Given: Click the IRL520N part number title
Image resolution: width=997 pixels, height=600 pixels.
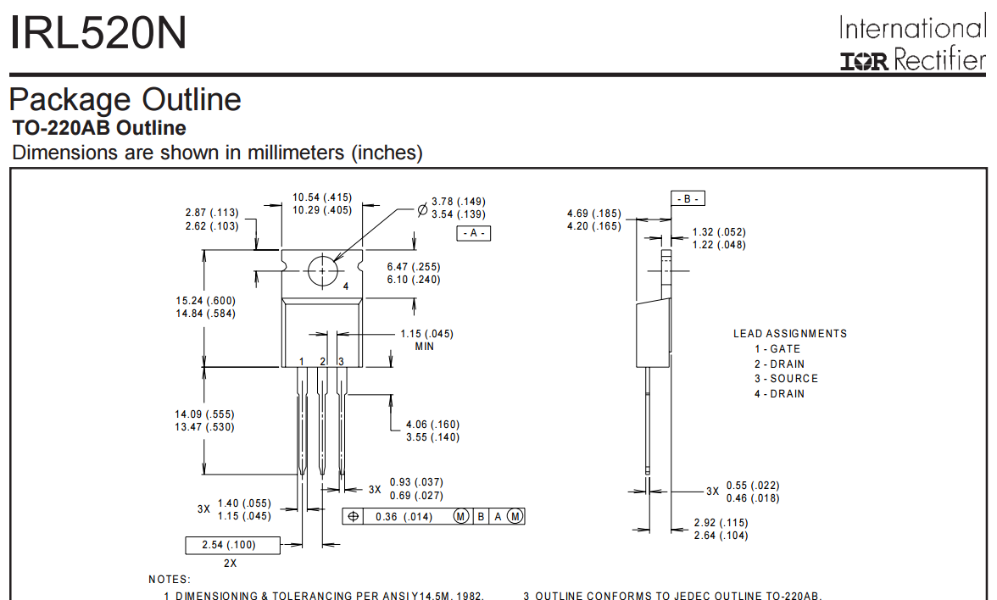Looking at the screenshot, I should pyautogui.click(x=98, y=35).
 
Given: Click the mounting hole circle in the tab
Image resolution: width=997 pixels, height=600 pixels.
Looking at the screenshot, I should pyautogui.click(x=323, y=271).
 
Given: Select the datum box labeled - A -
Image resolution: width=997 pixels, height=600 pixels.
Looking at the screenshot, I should pyautogui.click(x=474, y=234).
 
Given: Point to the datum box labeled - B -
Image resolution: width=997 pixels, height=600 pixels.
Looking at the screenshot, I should pyautogui.click(x=688, y=199).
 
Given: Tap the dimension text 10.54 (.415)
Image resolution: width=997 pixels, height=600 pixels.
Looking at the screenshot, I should pyautogui.click(x=322, y=197).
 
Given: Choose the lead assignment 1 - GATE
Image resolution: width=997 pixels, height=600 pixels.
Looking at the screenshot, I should pyautogui.click(x=777, y=349).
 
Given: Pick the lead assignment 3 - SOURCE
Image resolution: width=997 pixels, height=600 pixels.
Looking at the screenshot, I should pyautogui.click(x=786, y=379).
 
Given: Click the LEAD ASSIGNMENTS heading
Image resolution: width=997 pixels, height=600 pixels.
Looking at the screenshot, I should pyautogui.click(x=789, y=334).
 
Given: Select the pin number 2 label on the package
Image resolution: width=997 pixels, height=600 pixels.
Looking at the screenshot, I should pyautogui.click(x=323, y=362).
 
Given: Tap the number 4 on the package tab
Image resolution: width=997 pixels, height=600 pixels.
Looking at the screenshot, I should pyautogui.click(x=346, y=286).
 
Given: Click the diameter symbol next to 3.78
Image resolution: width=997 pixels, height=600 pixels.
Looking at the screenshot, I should pyautogui.click(x=422, y=208).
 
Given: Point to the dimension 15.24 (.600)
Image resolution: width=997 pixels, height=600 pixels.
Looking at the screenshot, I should pyautogui.click(x=205, y=301).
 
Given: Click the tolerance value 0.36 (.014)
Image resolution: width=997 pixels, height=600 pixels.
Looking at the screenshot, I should pyautogui.click(x=404, y=516).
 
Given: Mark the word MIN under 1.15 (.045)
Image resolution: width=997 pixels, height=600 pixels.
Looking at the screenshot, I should pyautogui.click(x=425, y=347).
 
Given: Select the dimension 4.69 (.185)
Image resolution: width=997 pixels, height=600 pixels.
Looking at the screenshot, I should pyautogui.click(x=594, y=213).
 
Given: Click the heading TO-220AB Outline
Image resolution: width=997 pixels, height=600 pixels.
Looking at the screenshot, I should pyautogui.click(x=99, y=129).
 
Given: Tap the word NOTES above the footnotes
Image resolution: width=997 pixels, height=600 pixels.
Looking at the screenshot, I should pyautogui.click(x=170, y=579).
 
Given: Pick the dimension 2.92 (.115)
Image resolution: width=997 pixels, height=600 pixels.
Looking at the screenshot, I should pyautogui.click(x=721, y=523).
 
